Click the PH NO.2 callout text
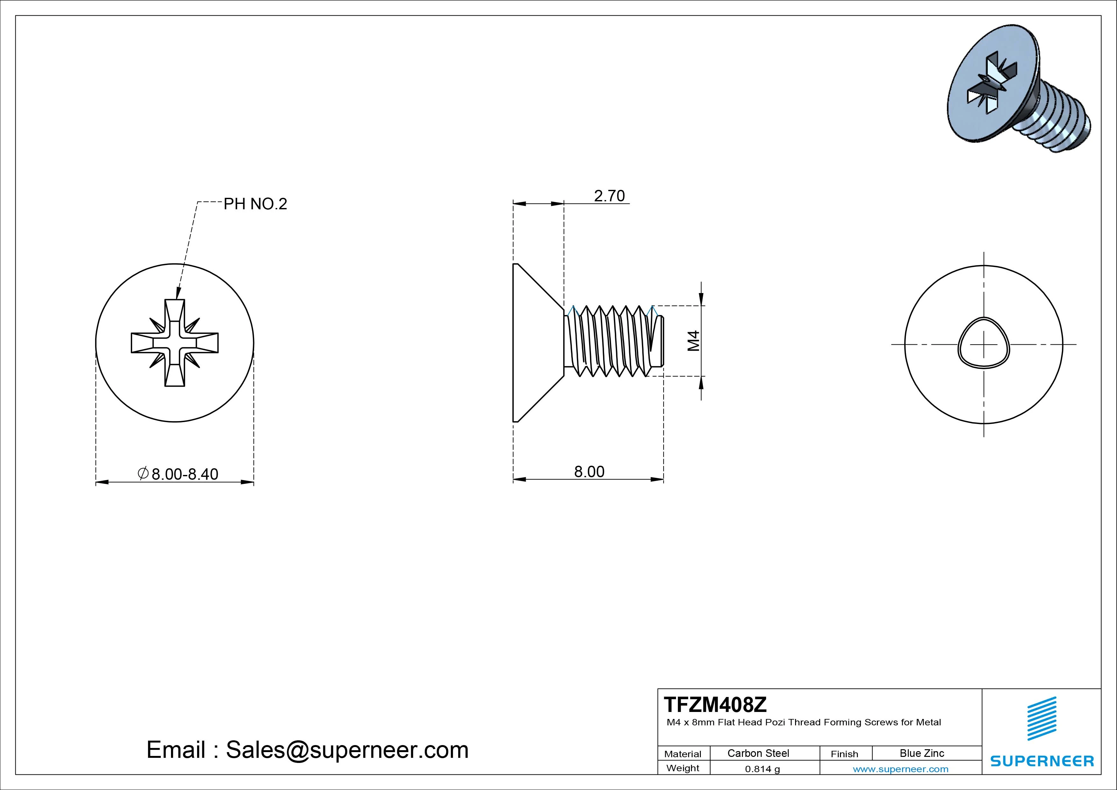255,204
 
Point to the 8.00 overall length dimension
589,472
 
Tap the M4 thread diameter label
693,341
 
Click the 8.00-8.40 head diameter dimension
184,474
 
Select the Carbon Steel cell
758,753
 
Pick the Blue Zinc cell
921,753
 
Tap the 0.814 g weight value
762,769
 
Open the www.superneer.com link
900,769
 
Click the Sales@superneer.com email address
346,750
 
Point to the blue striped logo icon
1042,718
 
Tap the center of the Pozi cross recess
175,343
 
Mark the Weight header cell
683,768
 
